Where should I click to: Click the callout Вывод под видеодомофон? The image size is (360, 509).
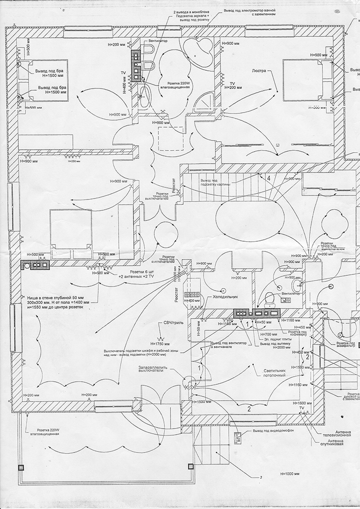[274, 433]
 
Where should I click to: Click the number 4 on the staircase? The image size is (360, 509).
[268, 178]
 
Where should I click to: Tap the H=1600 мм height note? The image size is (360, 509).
[300, 403]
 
